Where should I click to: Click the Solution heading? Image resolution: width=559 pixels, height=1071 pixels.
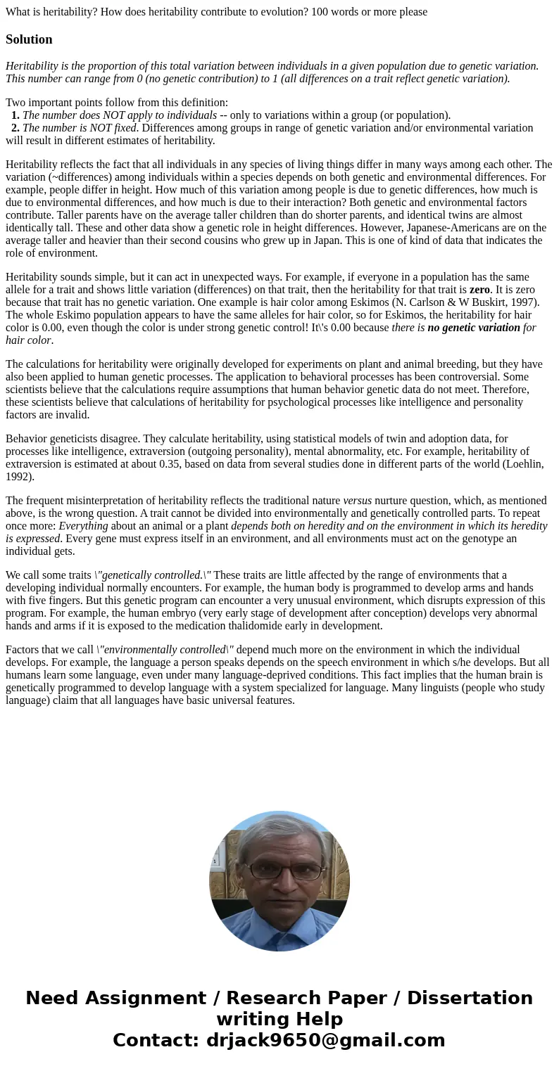[29, 39]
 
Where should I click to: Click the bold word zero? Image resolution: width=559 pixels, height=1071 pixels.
[479, 290]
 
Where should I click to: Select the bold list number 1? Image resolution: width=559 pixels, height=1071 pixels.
[15, 115]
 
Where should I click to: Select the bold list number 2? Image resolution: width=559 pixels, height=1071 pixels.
[15, 128]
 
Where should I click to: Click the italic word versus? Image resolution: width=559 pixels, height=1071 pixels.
[357, 501]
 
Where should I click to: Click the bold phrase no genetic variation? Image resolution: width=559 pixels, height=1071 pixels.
[473, 328]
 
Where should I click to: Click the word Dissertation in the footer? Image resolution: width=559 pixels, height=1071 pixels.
[470, 998]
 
